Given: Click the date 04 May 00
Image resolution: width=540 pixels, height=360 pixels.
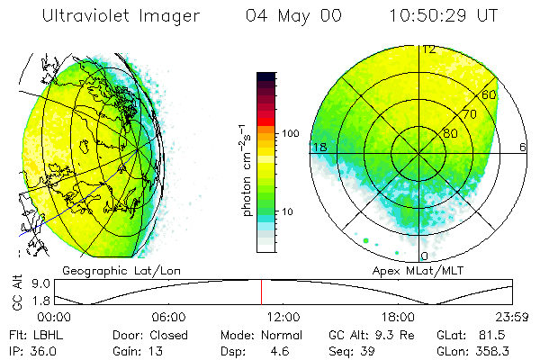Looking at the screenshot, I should click(x=293, y=17).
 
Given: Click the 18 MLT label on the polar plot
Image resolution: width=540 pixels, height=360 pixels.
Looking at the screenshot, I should click(x=318, y=147).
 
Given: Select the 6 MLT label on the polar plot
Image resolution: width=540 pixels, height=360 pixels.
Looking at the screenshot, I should click(x=523, y=147).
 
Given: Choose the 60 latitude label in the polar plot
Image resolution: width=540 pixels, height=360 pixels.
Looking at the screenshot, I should click(x=490, y=94).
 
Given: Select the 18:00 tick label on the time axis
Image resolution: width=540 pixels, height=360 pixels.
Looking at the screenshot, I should click(x=398, y=317).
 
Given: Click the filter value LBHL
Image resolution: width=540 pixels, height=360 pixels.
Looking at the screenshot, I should click(x=50, y=333).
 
